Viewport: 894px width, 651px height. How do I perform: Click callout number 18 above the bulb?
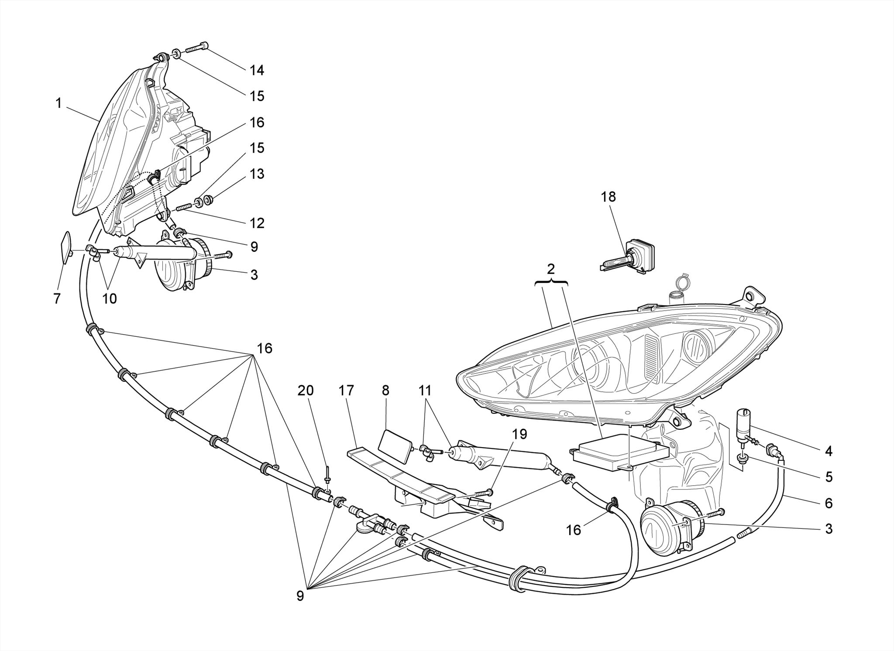(x=608, y=197)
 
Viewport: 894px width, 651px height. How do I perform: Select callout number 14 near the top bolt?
(x=257, y=70)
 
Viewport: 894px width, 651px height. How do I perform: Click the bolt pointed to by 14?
(x=197, y=47)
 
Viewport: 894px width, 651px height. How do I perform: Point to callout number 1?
(x=58, y=103)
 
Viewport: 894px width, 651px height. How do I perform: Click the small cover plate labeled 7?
(x=66, y=248)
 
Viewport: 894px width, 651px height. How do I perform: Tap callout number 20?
(x=306, y=391)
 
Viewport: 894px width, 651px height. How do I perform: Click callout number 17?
(x=346, y=391)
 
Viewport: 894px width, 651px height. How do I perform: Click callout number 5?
(x=829, y=477)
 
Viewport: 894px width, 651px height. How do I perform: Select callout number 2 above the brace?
(x=551, y=269)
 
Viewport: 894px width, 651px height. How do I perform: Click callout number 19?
(x=519, y=434)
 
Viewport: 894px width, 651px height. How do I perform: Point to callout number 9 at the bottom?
(x=300, y=596)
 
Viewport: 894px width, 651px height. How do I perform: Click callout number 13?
(x=257, y=174)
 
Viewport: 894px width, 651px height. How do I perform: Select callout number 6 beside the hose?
(x=829, y=503)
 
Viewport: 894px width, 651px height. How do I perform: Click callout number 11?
(x=425, y=391)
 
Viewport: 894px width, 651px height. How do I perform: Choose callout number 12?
(x=257, y=223)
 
